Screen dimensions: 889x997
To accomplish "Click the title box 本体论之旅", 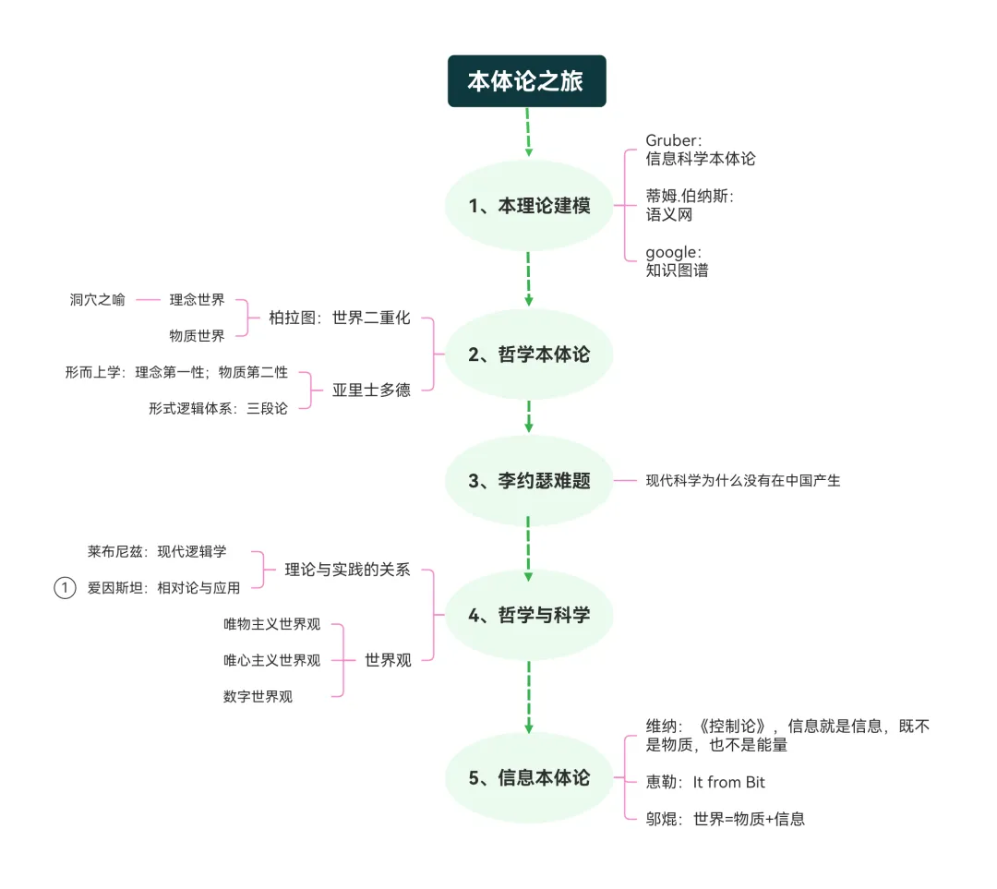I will (x=526, y=81).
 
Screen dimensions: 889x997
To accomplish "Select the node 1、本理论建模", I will (x=529, y=206).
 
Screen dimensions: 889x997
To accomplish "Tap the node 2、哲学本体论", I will (x=529, y=354).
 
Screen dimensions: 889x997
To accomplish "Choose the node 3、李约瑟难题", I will (x=529, y=481).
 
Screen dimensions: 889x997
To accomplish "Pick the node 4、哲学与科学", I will (x=529, y=615).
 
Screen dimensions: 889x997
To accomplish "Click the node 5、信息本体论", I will (x=529, y=777).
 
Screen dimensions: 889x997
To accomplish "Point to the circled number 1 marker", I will (x=65, y=588).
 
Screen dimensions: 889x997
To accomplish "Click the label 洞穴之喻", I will (x=97, y=299).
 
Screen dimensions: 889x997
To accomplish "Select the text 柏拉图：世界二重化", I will (x=339, y=318).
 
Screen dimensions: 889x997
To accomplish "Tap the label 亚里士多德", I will (x=371, y=390).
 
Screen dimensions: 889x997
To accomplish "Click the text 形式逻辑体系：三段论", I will (x=218, y=408).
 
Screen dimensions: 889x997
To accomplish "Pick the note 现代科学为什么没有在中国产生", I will (x=743, y=481).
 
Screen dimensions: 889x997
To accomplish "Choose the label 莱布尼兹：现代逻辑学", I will (x=157, y=552).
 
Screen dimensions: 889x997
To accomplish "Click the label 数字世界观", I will (x=258, y=697).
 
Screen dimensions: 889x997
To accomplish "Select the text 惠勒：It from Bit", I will (x=705, y=782).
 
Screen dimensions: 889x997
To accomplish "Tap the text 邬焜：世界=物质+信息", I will (x=726, y=819).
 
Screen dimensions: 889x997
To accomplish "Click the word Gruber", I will (x=673, y=140).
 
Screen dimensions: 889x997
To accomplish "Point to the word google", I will (x=673, y=252).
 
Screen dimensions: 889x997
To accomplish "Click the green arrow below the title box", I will (x=527, y=132).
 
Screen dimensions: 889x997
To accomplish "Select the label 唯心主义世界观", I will (x=271, y=660).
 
